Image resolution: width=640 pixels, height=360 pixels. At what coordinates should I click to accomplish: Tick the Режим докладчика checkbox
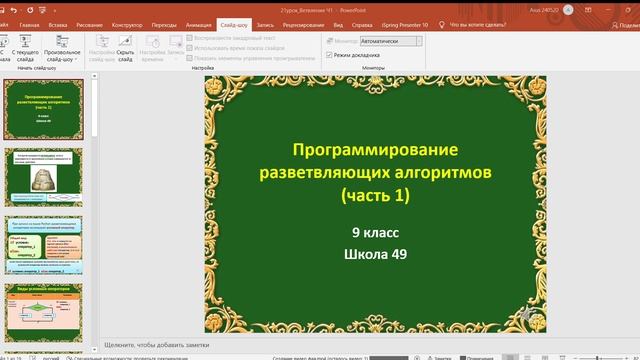coord(329,55)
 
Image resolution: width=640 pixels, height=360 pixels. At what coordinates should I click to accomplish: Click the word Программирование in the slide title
coord(375,150)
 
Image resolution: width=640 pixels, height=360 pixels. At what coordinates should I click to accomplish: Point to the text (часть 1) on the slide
coord(375,195)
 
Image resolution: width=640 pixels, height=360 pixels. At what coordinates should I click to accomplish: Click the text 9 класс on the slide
coord(375,233)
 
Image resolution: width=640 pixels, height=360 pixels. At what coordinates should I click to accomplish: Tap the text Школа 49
coord(375,254)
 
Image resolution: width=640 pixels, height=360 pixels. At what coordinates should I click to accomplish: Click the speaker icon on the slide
coord(529,317)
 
